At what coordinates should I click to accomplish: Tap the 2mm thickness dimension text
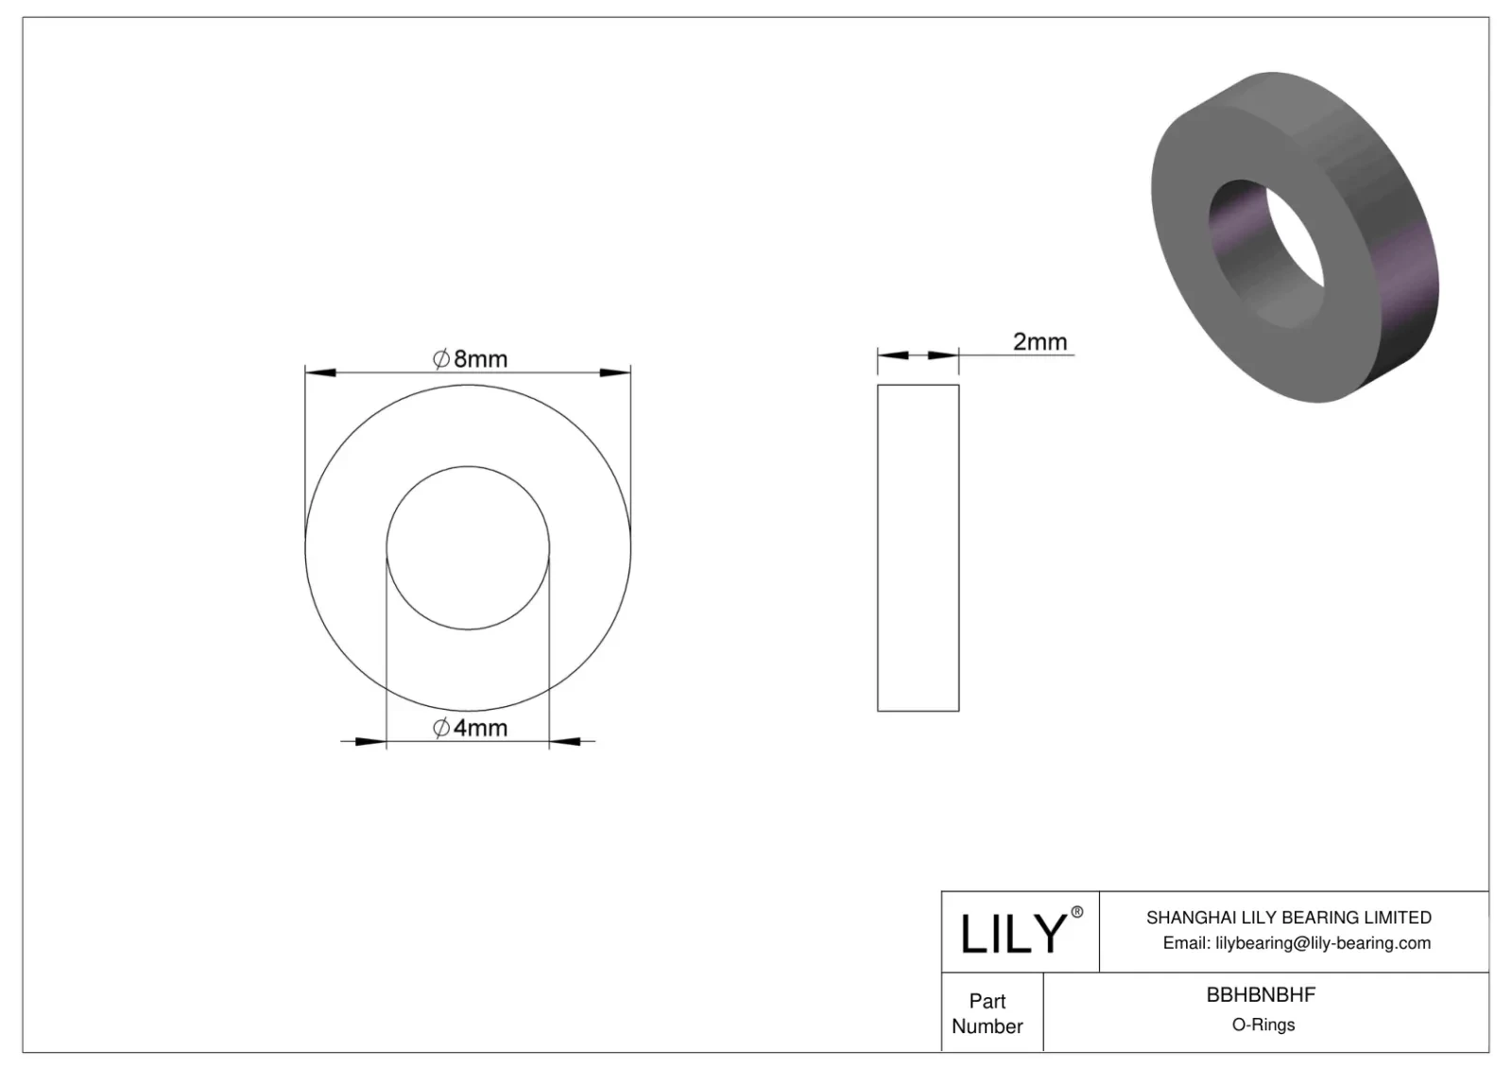pyautogui.click(x=1039, y=341)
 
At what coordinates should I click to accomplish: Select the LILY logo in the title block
pyautogui.click(x=1012, y=933)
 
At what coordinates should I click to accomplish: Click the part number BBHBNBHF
pyautogui.click(x=1261, y=994)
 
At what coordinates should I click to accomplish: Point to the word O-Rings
pyautogui.click(x=1263, y=1025)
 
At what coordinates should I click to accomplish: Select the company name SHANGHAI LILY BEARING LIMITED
pyautogui.click(x=1288, y=917)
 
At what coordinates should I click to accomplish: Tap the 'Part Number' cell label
pyautogui.click(x=988, y=1013)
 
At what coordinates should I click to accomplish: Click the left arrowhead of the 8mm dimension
pyautogui.click(x=320, y=372)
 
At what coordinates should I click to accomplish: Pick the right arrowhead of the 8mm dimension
pyautogui.click(x=615, y=372)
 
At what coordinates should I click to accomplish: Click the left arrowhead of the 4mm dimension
pyautogui.click(x=370, y=741)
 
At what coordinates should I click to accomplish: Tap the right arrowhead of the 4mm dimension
pyautogui.click(x=565, y=741)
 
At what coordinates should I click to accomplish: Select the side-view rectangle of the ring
pyautogui.click(x=918, y=548)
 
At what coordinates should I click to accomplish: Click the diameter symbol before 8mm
pyautogui.click(x=441, y=359)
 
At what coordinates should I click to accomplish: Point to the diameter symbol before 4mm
pyautogui.click(x=441, y=728)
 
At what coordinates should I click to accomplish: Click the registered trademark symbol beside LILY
pyautogui.click(x=1076, y=912)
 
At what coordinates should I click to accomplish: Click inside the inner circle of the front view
pyautogui.click(x=468, y=548)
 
